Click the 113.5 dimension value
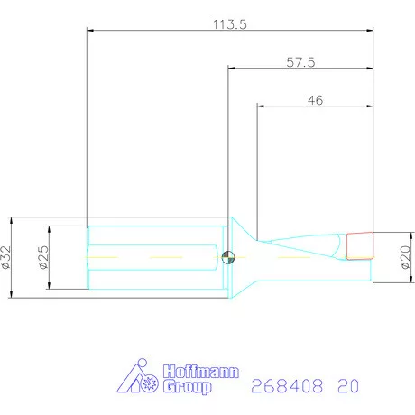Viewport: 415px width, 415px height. coord(230,24)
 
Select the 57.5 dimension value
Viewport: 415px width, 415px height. coord(300,62)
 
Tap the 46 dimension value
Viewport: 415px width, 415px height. coord(315,100)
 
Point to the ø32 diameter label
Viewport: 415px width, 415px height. coord(5,257)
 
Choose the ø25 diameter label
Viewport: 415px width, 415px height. coord(43,257)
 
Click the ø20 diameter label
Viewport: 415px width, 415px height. coord(405,257)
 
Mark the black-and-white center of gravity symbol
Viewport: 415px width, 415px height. coord(228,257)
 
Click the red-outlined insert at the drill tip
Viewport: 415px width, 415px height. coord(360,245)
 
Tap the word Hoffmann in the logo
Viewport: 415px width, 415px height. coord(201,372)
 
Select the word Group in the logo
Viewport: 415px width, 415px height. coord(188,386)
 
